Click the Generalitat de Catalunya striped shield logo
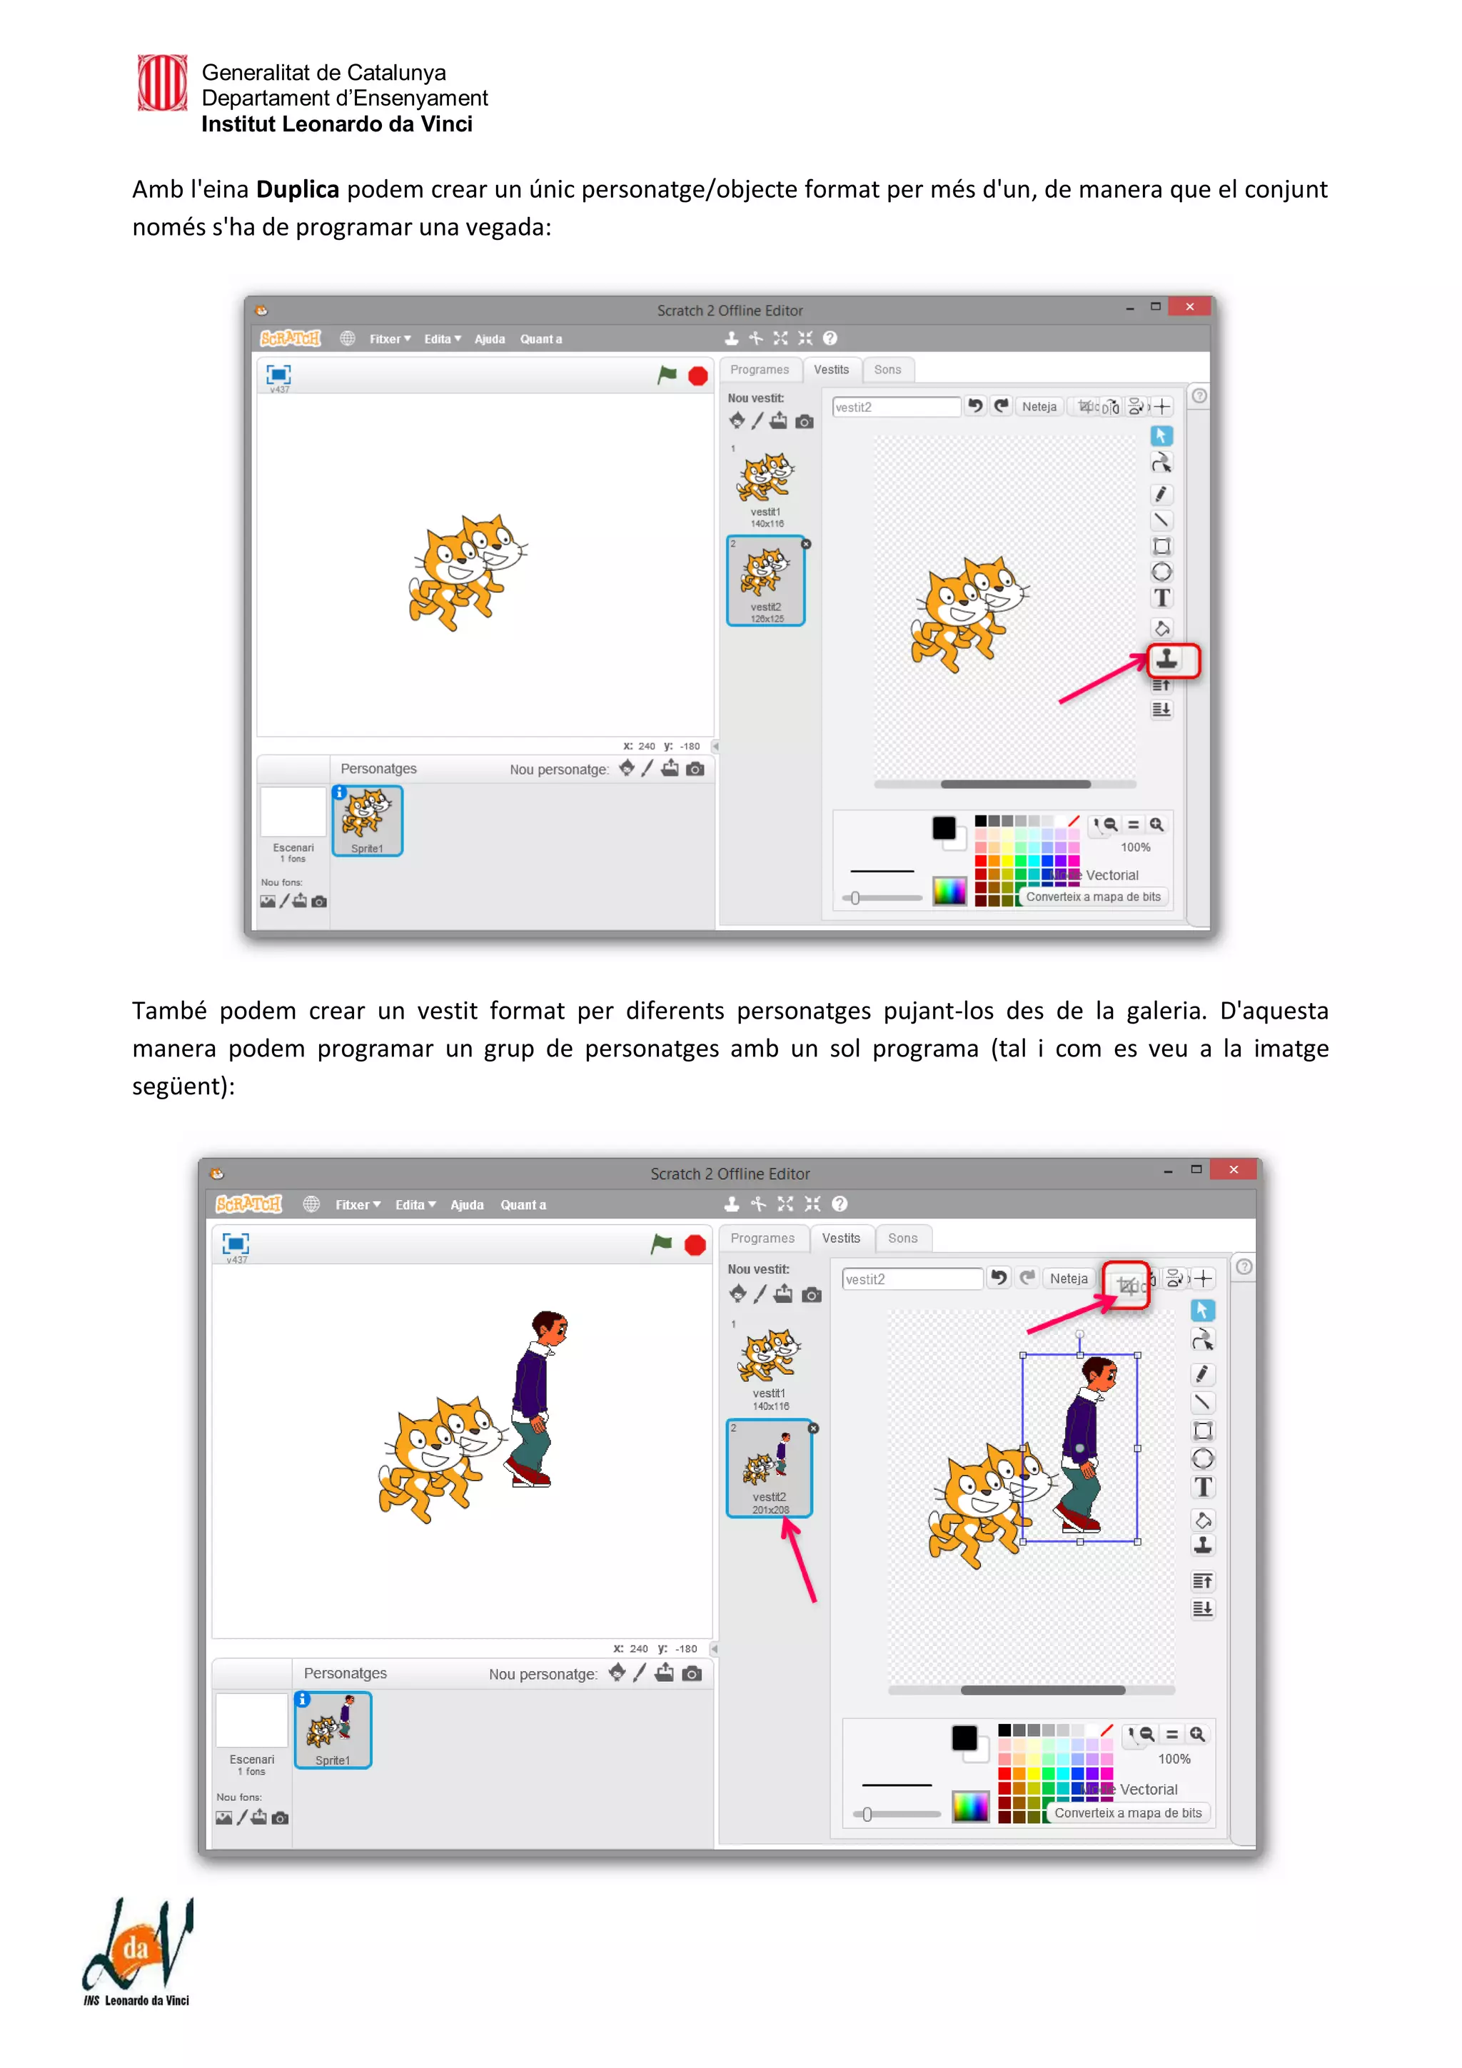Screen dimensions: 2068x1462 click(x=162, y=83)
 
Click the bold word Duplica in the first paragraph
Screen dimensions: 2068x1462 click(x=297, y=189)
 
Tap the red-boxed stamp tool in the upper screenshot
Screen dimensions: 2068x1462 click(x=1167, y=660)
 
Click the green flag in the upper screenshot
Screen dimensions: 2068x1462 click(x=667, y=375)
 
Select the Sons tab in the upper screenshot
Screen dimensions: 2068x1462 click(x=887, y=369)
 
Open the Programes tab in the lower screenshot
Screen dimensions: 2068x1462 click(x=762, y=1238)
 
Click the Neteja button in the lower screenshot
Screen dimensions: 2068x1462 click(x=1069, y=1278)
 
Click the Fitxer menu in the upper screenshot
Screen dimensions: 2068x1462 click(x=389, y=338)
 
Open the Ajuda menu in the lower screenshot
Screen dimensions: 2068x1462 click(x=467, y=1204)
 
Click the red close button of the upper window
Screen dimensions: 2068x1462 click(x=1189, y=306)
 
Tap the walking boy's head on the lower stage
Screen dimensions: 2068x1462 click(x=548, y=1328)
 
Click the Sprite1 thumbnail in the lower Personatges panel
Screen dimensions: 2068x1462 click(x=333, y=1730)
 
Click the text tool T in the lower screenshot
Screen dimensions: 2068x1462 click(x=1203, y=1487)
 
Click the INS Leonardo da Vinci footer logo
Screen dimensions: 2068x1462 click(x=138, y=1951)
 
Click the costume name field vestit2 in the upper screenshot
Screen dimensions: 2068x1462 click(x=895, y=407)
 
